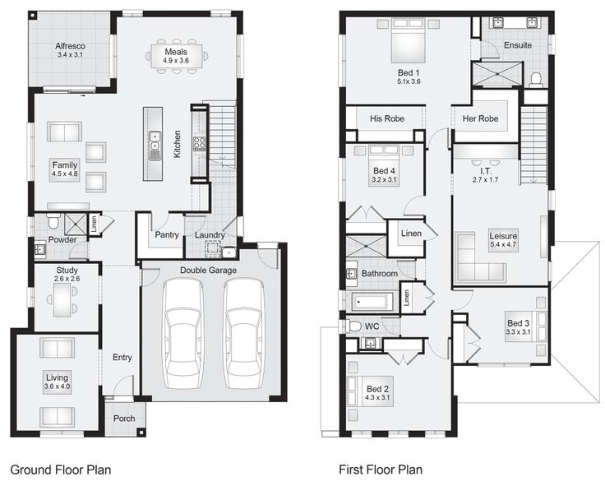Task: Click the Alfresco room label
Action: click(71, 45)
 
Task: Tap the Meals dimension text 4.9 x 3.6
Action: click(176, 60)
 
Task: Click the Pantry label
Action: click(167, 236)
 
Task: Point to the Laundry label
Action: click(210, 236)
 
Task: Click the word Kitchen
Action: click(176, 144)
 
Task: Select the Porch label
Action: click(124, 419)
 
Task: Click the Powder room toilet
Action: click(53, 222)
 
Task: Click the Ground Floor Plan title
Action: click(60, 470)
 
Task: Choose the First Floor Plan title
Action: click(381, 470)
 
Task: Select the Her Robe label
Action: click(481, 118)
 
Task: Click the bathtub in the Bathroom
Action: click(374, 302)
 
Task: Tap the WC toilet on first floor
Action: click(354, 326)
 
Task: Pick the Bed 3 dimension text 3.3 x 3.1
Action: click(519, 333)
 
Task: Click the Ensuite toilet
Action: click(536, 80)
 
